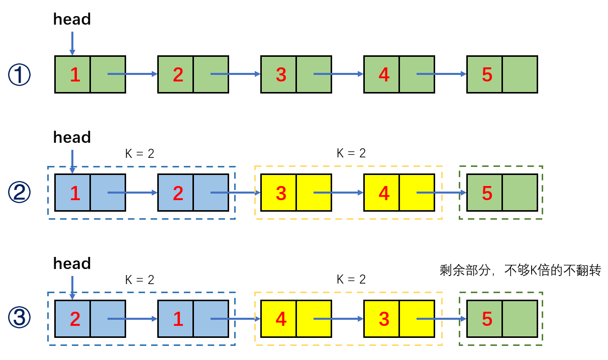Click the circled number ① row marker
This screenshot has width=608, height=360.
20,75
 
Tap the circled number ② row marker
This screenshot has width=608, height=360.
20,193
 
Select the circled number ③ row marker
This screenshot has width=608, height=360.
20,319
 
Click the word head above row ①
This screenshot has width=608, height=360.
72,20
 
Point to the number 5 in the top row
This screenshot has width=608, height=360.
487,75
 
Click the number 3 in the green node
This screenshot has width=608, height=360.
281,75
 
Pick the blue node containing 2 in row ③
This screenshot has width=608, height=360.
90,319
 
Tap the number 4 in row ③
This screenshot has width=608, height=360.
281,319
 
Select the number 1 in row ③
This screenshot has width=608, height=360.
178,319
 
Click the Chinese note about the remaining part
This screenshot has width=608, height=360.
520,271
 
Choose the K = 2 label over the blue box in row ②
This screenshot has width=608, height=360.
140,153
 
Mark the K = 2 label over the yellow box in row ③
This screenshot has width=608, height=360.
351,279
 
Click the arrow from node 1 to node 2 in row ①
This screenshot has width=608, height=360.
133,74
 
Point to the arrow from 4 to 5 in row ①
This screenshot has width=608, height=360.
442,74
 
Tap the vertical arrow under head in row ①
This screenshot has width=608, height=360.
72,43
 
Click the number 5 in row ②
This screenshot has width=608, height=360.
487,193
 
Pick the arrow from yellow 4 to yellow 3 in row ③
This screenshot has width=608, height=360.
339,318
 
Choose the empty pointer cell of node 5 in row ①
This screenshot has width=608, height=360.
520,75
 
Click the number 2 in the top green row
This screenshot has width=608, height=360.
178,75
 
